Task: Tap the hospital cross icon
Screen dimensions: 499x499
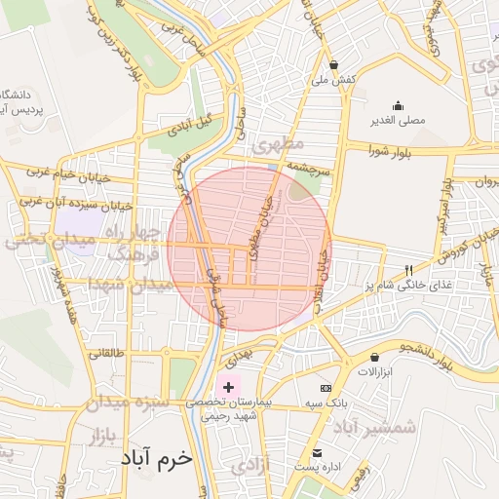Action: tap(229, 387)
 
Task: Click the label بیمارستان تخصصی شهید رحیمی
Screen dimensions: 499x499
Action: tap(235, 408)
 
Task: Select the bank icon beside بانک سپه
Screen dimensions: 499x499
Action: tap(339, 388)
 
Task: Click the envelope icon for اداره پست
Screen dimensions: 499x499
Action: tap(317, 452)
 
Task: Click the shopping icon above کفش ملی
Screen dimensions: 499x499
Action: tap(334, 64)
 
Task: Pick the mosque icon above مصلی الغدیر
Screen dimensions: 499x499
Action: tap(397, 106)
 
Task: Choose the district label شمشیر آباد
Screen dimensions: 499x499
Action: tap(374, 426)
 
